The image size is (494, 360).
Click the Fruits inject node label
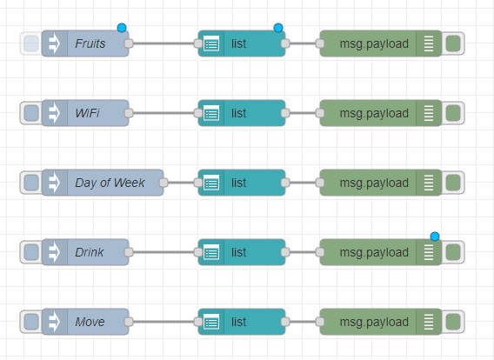90,43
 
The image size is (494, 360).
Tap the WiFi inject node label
87,113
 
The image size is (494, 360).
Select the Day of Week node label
110,183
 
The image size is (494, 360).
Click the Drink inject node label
90,252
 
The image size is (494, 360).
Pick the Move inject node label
90,322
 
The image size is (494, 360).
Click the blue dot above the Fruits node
122,28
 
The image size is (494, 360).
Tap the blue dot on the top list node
278,28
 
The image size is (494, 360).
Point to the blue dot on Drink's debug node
435,237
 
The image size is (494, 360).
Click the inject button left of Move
31,322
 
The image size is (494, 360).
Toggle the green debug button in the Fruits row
453,43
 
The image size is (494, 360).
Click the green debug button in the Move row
453,322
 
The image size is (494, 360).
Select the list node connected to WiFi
242,113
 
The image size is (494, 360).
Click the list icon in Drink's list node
211,252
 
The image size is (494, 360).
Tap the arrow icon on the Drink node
54,252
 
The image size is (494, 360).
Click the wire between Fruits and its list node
164,43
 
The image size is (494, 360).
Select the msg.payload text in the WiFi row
374,113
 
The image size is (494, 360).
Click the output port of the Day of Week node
164,183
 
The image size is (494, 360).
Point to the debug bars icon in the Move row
429,322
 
